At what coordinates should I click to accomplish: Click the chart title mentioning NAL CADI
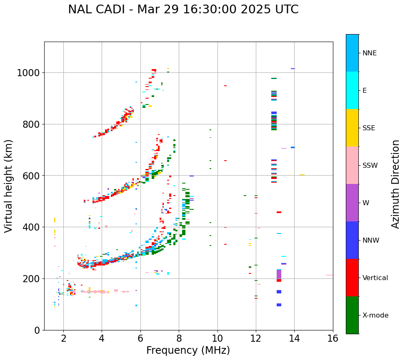point(183,10)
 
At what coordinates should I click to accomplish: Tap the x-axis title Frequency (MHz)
point(188,350)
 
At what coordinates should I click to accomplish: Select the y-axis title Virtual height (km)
point(9,186)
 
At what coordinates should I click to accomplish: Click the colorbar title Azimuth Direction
point(395,184)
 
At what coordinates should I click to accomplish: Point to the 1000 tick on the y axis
point(28,73)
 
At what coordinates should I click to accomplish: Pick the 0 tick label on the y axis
point(37,330)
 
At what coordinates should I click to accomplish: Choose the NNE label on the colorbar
point(369,53)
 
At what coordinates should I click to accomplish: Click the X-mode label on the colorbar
point(375,315)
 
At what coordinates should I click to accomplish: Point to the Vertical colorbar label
point(375,278)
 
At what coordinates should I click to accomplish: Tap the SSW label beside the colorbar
point(370,165)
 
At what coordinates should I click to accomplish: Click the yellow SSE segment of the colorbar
point(352,128)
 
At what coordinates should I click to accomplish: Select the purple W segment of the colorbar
point(352,203)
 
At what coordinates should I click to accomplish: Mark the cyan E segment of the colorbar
point(352,90)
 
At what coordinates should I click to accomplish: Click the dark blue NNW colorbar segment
point(352,240)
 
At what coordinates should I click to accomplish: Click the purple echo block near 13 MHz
point(279,275)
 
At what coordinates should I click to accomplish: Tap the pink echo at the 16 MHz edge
point(329,275)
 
